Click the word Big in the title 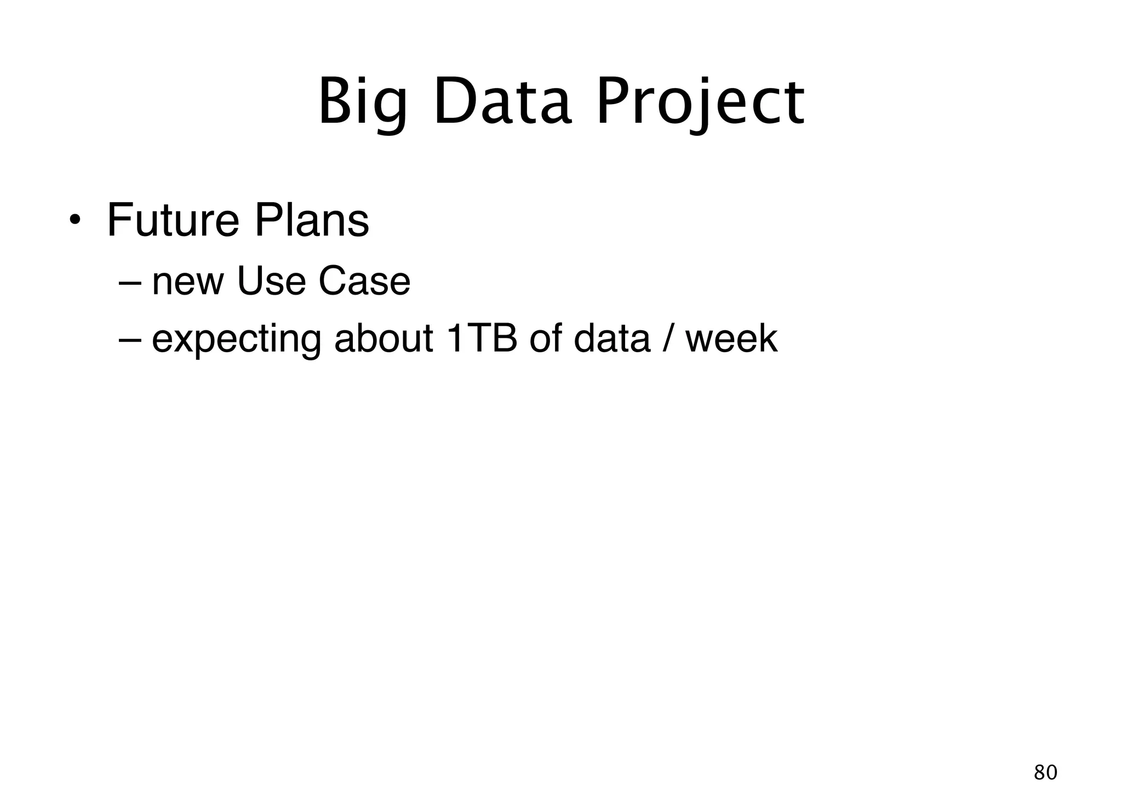tap(363, 103)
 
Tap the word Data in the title tap(502, 103)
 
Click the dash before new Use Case tap(129, 283)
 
